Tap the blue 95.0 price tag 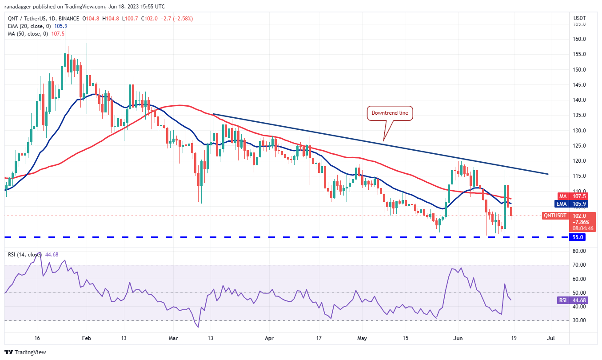[578, 237]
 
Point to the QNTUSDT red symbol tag [555, 216]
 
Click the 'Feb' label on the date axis [87, 337]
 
